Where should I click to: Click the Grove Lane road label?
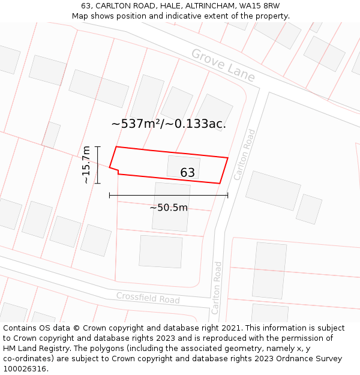tap(223, 65)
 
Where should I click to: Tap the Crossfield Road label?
tap(148, 298)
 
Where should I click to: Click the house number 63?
tap(187, 173)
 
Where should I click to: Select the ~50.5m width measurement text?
tap(169, 208)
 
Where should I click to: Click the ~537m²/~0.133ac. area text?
tap(169, 124)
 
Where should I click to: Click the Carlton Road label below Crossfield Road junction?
tap(217, 287)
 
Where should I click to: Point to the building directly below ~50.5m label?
tap(170, 228)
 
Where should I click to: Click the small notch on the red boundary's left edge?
tap(118, 172)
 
